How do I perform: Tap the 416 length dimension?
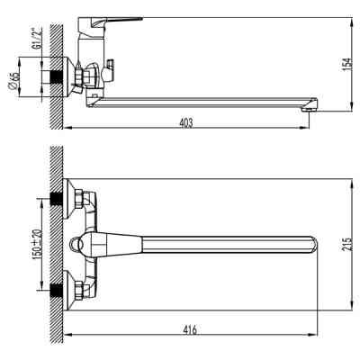pos(190,333)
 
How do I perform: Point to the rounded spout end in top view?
pos(311,245)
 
